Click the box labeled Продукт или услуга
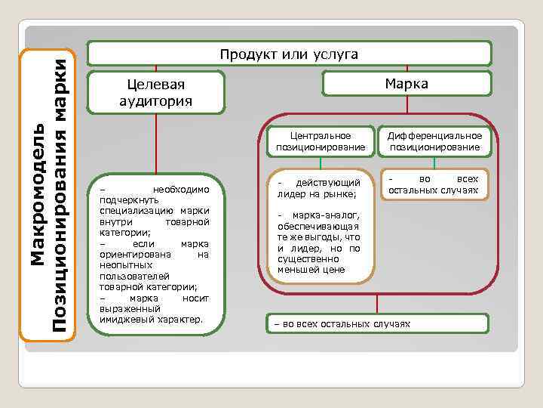[x=289, y=54]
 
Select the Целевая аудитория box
[x=156, y=92]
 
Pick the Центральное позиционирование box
[x=321, y=141]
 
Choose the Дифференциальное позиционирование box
[x=434, y=141]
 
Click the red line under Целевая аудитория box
[x=156, y=144]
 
